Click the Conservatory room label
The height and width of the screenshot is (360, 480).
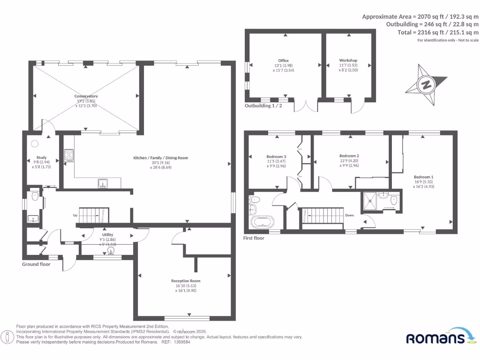pyautogui.click(x=86, y=96)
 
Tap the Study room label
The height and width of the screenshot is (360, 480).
pyautogui.click(x=41, y=157)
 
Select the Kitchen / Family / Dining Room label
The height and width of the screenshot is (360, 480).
pyautogui.click(x=160, y=158)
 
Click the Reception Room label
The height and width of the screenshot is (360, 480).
pyautogui.click(x=186, y=281)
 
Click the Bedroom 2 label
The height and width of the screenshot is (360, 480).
pyautogui.click(x=349, y=156)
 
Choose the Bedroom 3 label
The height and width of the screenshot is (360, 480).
pyautogui.click(x=276, y=157)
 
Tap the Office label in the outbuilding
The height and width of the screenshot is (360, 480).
pyautogui.click(x=283, y=60)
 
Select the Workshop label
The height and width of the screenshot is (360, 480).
pyautogui.click(x=348, y=60)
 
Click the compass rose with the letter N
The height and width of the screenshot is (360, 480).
pyautogui.click(x=426, y=85)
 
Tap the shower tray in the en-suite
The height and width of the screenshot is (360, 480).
pyautogui.click(x=370, y=201)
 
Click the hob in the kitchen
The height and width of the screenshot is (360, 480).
pyautogui.click(x=69, y=155)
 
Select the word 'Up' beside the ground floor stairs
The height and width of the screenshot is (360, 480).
pyautogui.click(x=75, y=216)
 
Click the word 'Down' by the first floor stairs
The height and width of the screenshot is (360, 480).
pyautogui.click(x=350, y=216)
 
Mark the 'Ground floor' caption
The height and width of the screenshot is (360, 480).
pyautogui.click(x=36, y=264)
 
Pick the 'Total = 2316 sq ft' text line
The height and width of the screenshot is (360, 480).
pyautogui.click(x=438, y=32)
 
